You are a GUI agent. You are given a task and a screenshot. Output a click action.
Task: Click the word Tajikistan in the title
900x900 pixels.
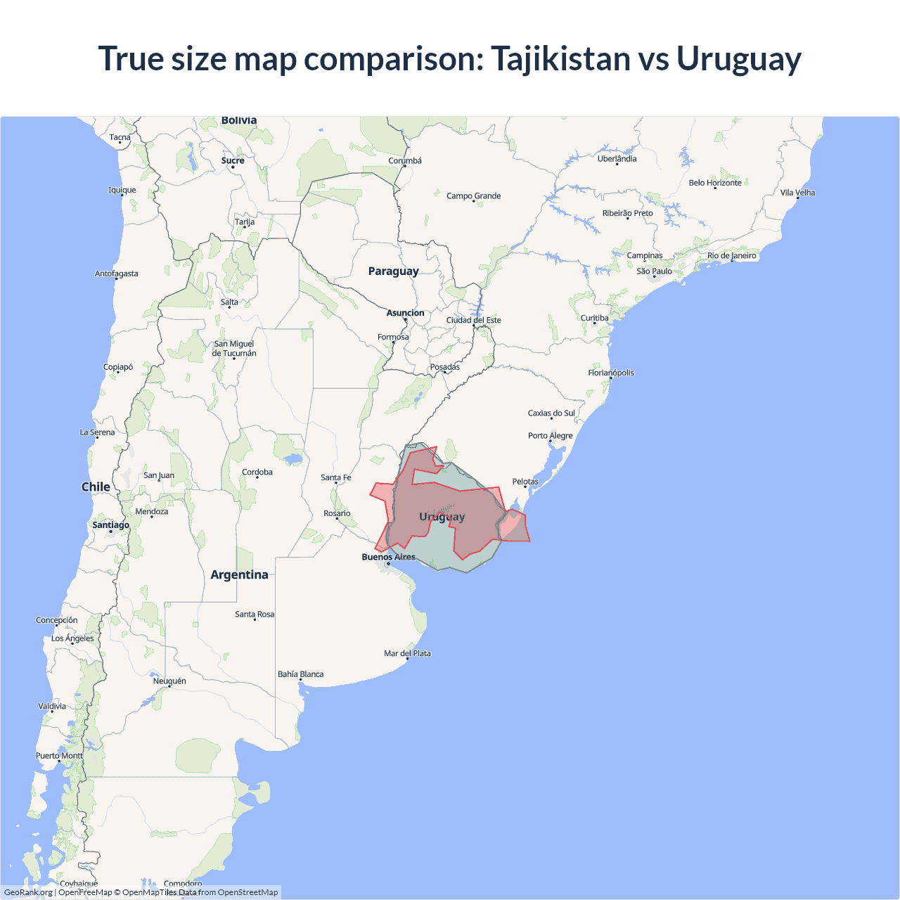coord(560,59)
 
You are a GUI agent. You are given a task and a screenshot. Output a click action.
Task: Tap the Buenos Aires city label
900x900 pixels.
coord(388,557)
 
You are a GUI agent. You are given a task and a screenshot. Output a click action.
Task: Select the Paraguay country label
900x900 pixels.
coord(393,271)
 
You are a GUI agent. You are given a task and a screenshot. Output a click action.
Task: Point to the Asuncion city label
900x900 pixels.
coord(405,313)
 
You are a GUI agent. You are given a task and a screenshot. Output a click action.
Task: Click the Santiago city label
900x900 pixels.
coord(110,525)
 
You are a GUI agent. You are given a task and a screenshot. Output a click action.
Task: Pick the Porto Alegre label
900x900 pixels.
coord(550,436)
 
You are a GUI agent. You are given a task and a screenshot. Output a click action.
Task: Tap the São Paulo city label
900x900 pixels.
coord(654,271)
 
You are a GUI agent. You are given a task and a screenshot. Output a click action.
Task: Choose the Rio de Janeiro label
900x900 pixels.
coord(731,256)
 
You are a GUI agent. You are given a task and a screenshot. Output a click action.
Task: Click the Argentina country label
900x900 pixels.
coord(239,575)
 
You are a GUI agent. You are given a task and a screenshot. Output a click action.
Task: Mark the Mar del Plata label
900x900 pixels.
coord(407,653)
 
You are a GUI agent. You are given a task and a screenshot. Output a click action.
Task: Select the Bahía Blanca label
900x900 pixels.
coord(300,674)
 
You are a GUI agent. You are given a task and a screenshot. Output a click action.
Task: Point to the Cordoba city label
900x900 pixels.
coord(257,472)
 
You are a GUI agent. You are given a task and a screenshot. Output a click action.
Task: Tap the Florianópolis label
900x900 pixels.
coord(610,373)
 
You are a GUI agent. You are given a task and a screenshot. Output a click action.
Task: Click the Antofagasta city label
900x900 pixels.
coord(116,274)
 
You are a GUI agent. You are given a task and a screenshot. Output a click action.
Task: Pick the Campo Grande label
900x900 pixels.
coord(473,196)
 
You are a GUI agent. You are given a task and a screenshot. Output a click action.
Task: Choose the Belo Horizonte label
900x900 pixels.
coord(714,183)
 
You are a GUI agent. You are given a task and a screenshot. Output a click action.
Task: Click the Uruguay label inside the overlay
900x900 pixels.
coord(442,517)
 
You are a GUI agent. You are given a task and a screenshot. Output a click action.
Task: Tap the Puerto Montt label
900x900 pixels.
coord(59,756)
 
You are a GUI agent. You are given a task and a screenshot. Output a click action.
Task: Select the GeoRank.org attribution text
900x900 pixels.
coord(28,892)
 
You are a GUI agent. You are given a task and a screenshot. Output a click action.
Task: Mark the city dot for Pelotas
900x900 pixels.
coord(525,487)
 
